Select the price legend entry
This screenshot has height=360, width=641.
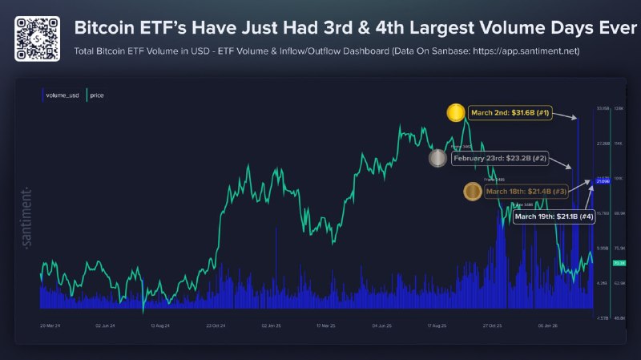click(97, 95)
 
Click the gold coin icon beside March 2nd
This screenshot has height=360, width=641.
click(458, 113)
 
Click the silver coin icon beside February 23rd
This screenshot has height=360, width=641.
click(437, 158)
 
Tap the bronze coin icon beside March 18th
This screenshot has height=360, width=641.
click(473, 192)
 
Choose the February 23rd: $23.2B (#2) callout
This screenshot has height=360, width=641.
click(500, 159)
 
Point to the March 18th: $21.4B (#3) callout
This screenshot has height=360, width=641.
click(526, 192)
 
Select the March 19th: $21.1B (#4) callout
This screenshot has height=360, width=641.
click(554, 216)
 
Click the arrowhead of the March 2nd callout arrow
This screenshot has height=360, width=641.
click(576, 119)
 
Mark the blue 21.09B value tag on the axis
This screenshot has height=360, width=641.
click(603, 182)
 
